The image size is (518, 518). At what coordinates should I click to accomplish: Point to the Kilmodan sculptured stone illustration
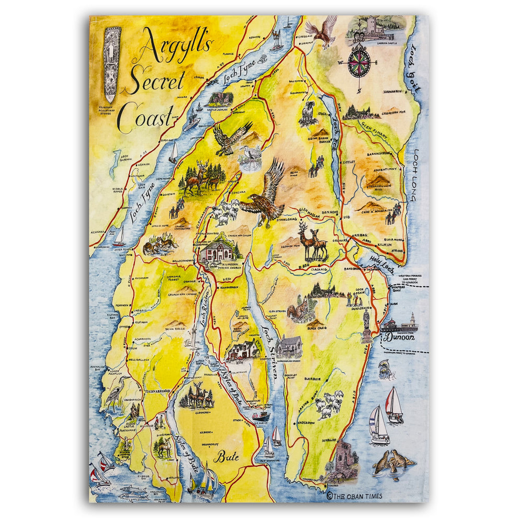(112, 65)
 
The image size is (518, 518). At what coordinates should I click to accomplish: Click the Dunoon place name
(400, 337)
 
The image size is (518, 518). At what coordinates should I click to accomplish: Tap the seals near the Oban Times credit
(393, 461)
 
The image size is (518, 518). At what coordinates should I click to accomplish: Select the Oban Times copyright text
(354, 496)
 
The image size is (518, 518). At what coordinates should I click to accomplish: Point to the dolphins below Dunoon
(385, 369)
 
